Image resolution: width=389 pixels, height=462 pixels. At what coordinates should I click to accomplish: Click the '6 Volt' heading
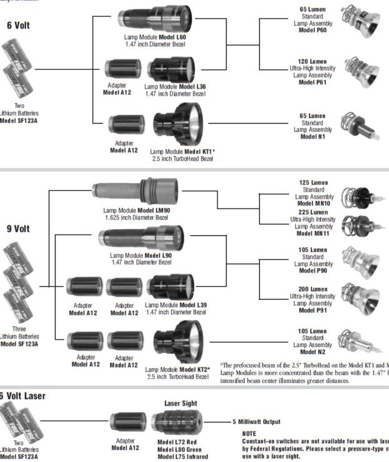[18, 26]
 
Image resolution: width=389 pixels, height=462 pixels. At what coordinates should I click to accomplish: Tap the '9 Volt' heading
[18, 229]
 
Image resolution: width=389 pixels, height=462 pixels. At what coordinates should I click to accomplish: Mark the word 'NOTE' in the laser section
[249, 433]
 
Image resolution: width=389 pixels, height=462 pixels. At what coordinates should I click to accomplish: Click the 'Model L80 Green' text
[179, 449]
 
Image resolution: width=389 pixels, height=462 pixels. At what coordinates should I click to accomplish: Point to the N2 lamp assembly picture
[358, 341]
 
